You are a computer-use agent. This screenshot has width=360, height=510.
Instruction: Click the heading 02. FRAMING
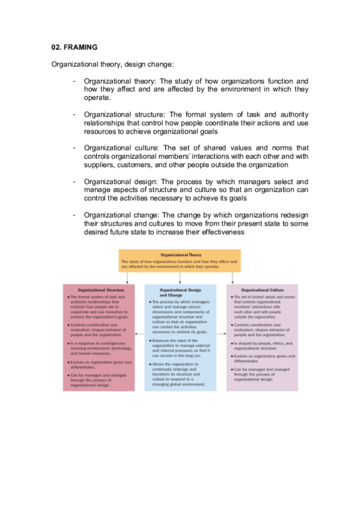point(74,46)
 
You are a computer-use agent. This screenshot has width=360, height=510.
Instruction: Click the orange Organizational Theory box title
point(179,254)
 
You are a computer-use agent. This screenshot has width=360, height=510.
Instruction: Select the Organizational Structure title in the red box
point(101,290)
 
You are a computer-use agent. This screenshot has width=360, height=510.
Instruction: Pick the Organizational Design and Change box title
point(180,292)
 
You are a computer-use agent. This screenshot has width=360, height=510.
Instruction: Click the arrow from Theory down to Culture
point(233,277)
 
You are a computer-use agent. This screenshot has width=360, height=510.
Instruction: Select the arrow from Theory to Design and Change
point(180,277)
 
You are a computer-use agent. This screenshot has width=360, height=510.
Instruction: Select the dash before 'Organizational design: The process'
point(73,181)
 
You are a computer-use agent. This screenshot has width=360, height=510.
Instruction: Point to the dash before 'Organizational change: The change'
point(73,215)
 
